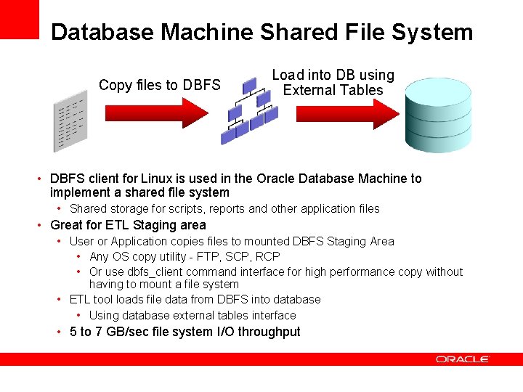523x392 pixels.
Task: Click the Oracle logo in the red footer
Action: coord(463,359)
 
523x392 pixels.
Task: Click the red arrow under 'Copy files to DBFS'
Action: coord(156,113)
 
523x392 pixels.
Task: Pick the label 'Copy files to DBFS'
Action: coord(159,85)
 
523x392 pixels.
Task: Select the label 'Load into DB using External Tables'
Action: coord(333,83)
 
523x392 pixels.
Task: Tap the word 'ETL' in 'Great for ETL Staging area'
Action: coord(119,225)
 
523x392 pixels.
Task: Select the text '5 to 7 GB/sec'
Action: coord(105,332)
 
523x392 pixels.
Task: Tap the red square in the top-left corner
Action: coord(19,19)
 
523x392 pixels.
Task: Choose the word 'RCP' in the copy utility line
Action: coord(267,256)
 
